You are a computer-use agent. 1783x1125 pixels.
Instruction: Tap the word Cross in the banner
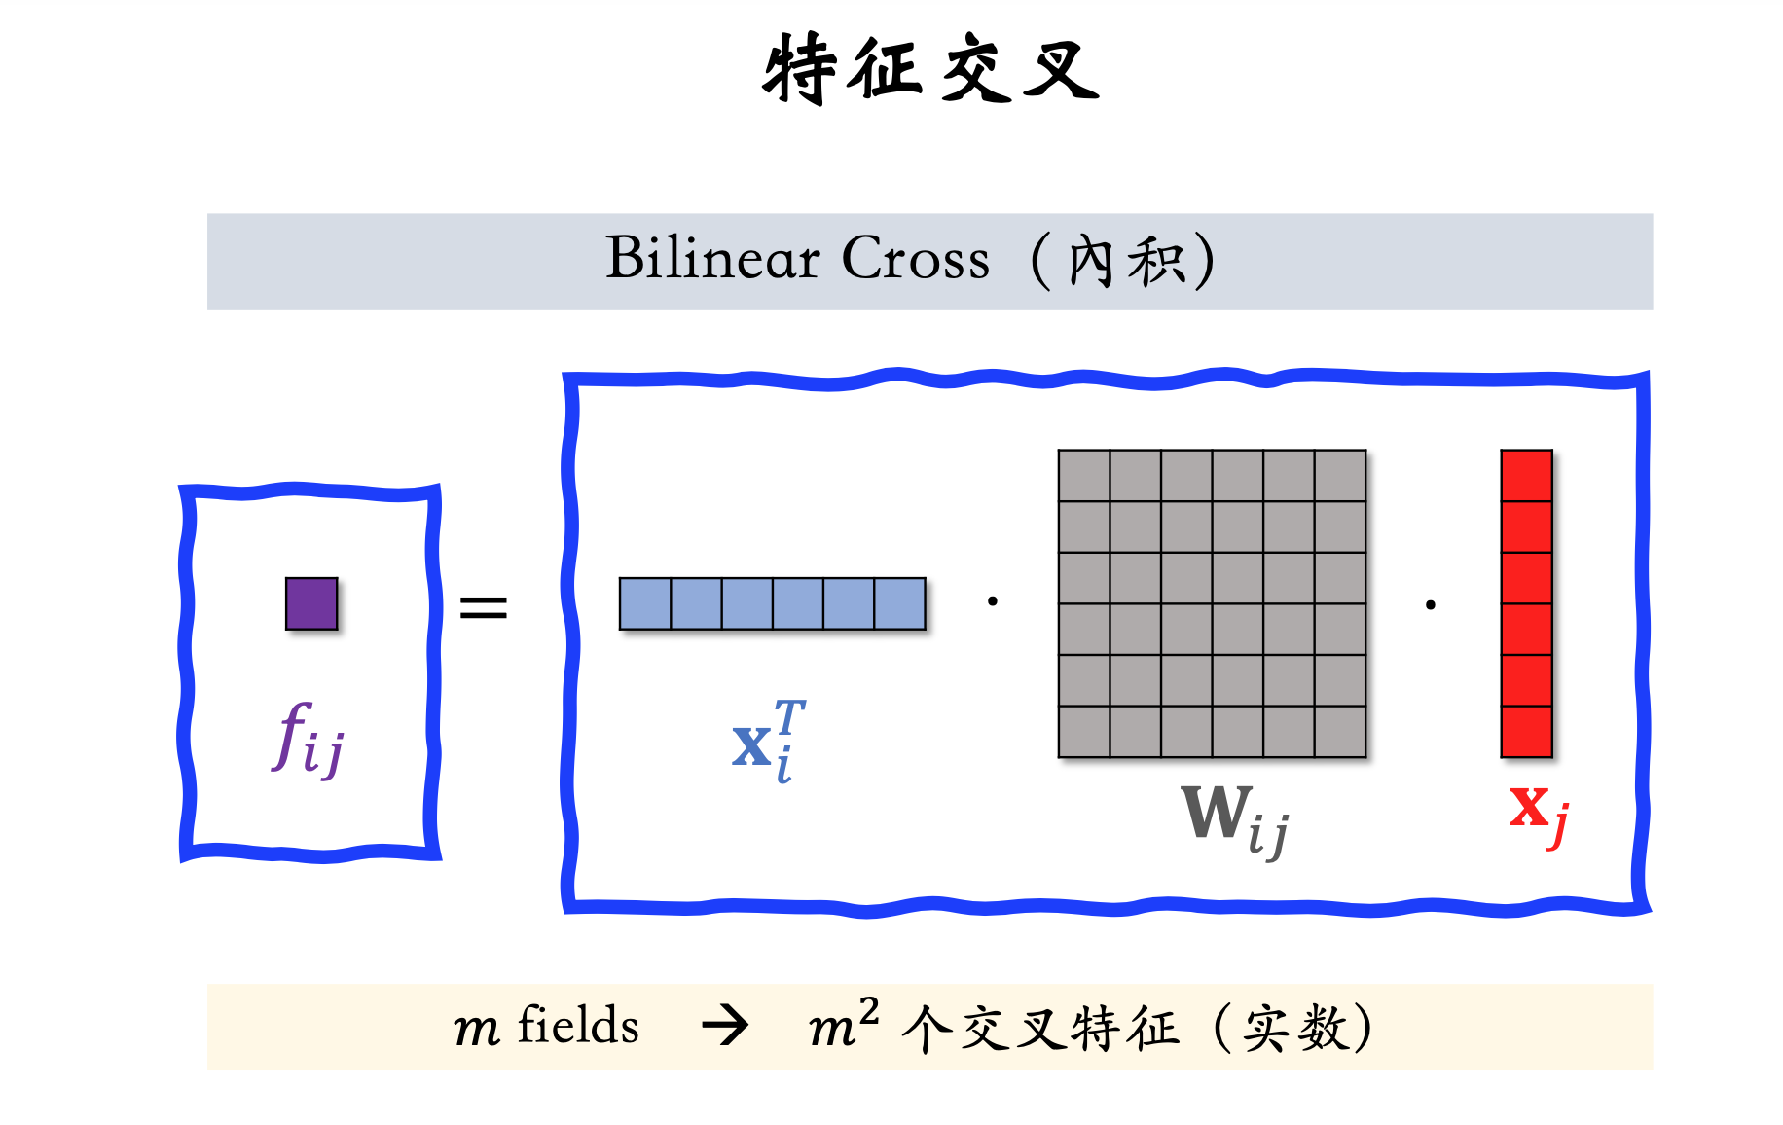point(915,259)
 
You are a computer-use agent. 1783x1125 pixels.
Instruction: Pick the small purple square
point(311,603)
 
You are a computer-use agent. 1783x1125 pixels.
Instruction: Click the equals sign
point(484,608)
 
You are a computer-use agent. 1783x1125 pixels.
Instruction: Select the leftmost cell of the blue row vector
point(645,603)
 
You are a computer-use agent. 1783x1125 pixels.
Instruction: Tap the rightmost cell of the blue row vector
point(899,603)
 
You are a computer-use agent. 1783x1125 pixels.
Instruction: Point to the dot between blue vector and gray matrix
point(992,601)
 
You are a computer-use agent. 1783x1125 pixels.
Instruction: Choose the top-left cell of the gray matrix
point(1084,476)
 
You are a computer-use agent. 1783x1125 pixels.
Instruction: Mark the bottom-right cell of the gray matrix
point(1340,731)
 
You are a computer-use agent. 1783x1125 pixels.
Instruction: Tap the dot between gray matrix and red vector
point(1430,605)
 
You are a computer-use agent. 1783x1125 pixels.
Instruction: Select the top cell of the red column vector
point(1526,476)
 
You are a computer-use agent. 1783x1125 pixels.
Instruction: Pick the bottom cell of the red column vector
point(1526,731)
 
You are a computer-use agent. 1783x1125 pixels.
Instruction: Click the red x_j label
point(1539,813)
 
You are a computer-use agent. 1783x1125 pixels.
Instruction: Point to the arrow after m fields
point(725,1025)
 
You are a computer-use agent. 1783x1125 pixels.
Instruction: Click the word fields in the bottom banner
point(578,1025)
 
